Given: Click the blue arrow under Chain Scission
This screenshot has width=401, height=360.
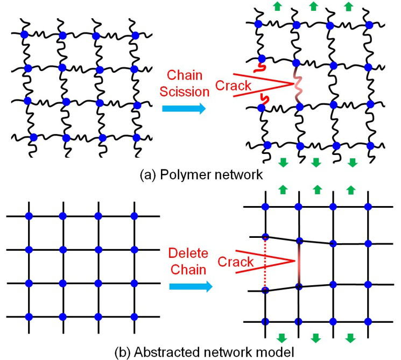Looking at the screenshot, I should coord(184,109).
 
